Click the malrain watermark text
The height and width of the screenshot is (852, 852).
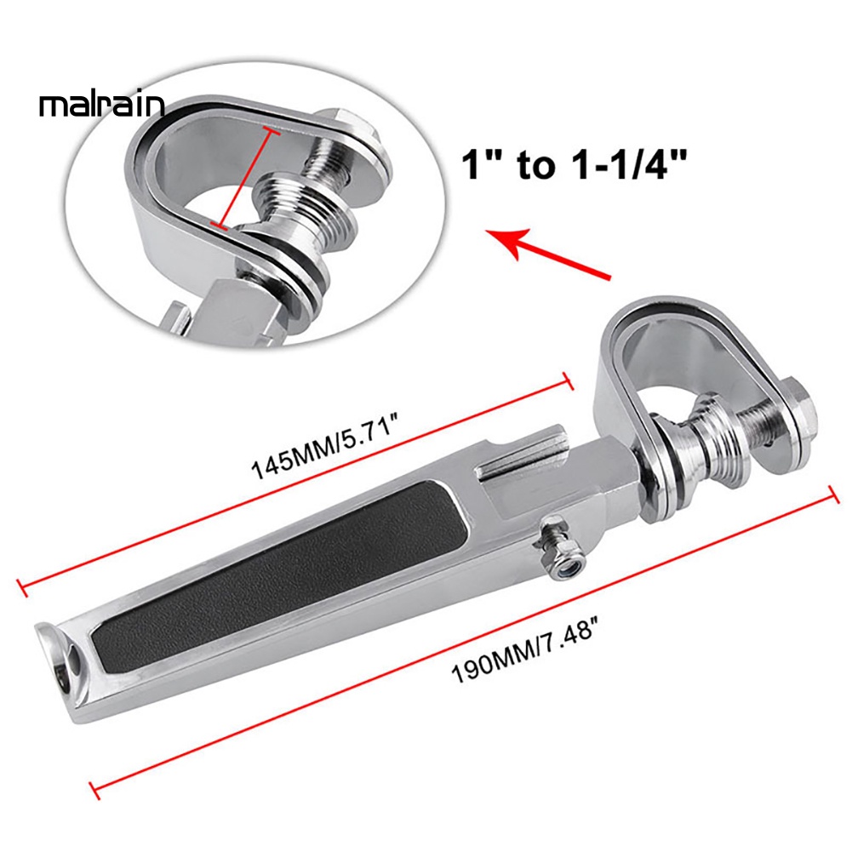click(101, 106)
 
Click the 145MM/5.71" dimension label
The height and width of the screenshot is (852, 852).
click(326, 446)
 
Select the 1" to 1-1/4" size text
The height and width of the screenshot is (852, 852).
click(574, 163)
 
